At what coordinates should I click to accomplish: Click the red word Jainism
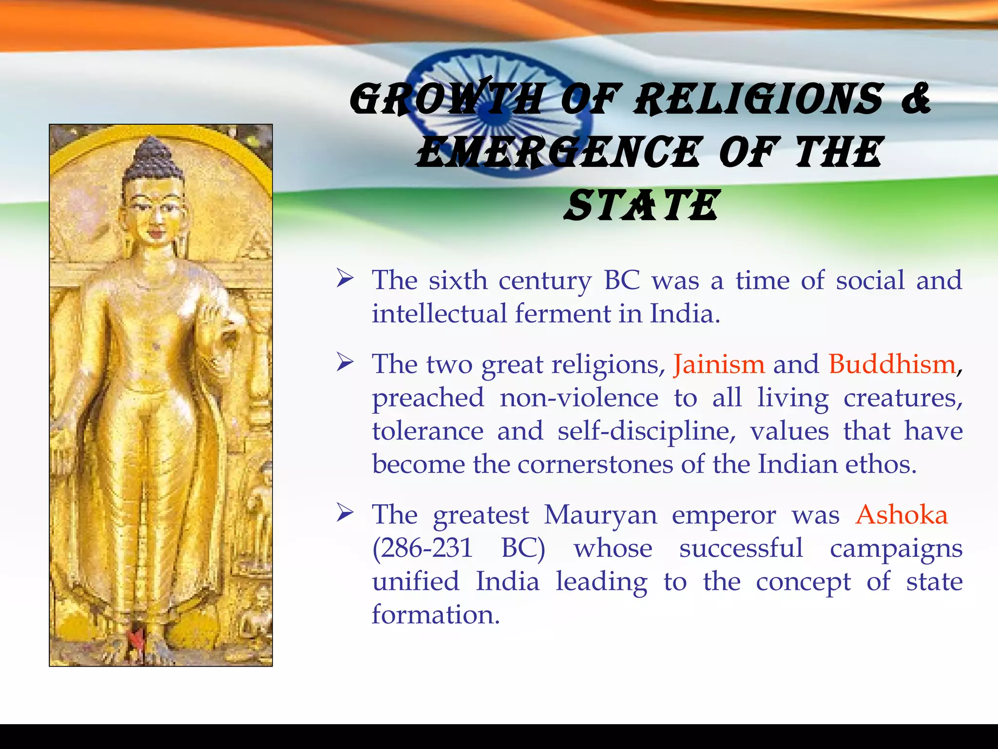click(x=719, y=364)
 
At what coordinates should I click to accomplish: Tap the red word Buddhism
click(x=892, y=364)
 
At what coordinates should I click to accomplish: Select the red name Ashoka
click(x=902, y=514)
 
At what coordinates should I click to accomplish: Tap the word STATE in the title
click(x=641, y=206)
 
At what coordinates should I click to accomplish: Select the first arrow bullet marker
click(x=345, y=279)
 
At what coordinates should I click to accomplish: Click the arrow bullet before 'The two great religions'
click(x=345, y=363)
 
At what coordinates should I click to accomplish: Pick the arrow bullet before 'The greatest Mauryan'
click(x=345, y=513)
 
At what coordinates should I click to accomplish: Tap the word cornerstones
click(x=597, y=464)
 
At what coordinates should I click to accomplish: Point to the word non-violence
click(x=579, y=398)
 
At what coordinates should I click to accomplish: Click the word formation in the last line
click(x=435, y=614)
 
